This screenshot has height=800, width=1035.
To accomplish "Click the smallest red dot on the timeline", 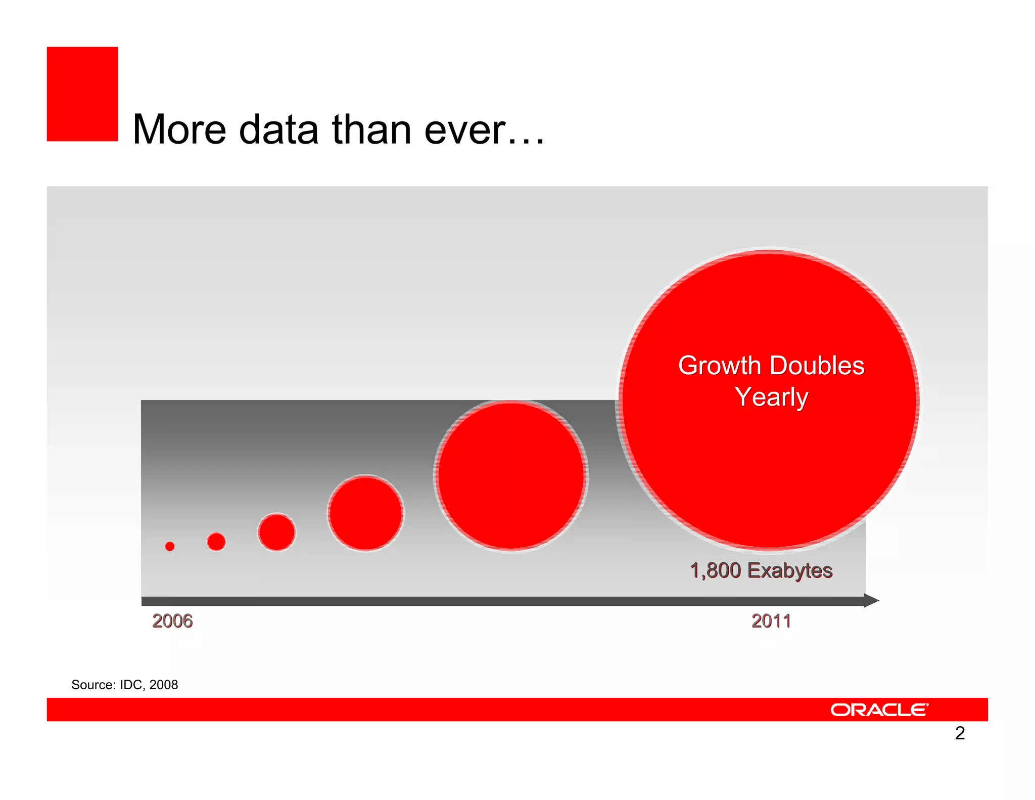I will click(170, 546).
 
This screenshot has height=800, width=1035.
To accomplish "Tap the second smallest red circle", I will click(216, 542).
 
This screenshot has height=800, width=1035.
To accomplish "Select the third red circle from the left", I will click(276, 532).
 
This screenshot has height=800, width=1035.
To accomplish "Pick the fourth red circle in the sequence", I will click(365, 513).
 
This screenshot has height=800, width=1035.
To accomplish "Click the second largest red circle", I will click(511, 476).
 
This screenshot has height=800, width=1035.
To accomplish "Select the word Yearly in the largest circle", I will click(771, 397).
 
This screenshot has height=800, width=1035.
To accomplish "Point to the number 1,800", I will click(715, 570).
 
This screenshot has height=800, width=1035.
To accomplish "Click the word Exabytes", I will click(790, 571).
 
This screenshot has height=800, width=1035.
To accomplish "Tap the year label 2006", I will click(172, 621).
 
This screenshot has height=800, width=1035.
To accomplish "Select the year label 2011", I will click(771, 621).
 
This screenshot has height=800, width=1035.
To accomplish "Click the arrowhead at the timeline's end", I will click(871, 601).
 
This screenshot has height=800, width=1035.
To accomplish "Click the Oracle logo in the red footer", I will click(879, 710).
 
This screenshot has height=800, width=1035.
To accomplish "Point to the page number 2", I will click(960, 733).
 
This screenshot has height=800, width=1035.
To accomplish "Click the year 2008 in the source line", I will click(164, 685).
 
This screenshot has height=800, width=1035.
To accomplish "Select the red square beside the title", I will click(82, 94).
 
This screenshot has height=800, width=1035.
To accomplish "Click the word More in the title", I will click(179, 130).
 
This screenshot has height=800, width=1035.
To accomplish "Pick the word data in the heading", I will click(278, 130).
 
